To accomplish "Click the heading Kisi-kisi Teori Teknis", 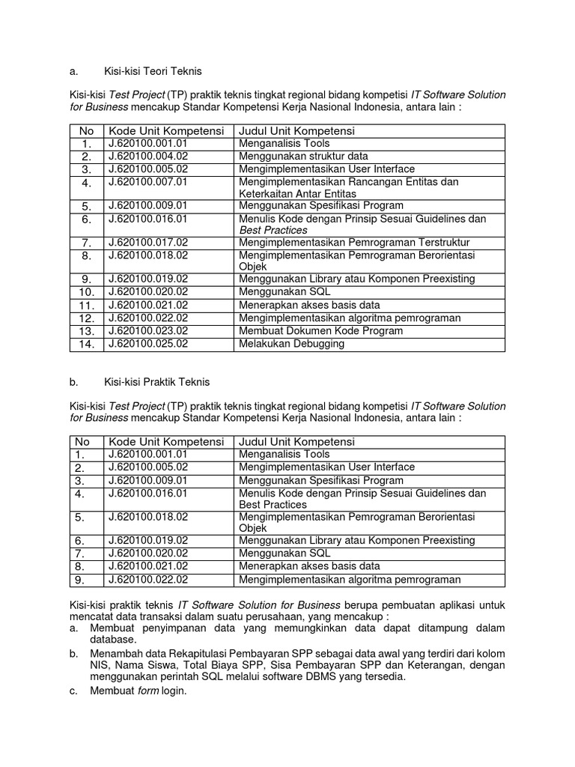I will (152, 71).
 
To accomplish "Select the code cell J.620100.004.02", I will (147, 156).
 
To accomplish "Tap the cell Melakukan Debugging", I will (291, 344).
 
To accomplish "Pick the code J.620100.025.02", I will (147, 344).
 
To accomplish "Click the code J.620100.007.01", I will (147, 182).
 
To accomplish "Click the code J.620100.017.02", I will (147, 243).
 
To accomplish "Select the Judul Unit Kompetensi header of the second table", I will (296, 442).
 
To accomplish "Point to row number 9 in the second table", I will (81, 580).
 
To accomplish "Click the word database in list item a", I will (112, 640).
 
